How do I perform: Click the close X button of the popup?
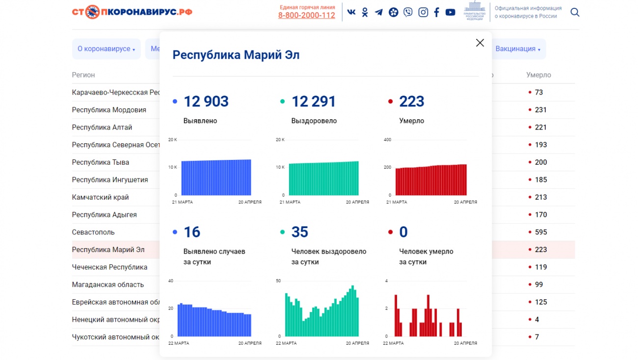point(480,43)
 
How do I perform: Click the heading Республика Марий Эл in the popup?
point(236,55)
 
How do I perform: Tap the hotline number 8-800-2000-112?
point(307,15)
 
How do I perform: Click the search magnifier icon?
point(575,12)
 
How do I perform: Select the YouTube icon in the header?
point(450,12)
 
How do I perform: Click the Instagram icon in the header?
point(423,12)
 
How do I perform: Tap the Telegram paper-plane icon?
point(379,12)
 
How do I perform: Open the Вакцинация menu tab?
point(518,49)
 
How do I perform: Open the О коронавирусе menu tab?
point(106,49)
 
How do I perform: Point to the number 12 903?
point(206,102)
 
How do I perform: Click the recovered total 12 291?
point(314,102)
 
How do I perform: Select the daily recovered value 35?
point(300,232)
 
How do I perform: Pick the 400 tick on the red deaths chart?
point(387,140)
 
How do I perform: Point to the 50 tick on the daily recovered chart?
point(278,281)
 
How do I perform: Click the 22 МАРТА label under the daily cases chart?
point(179,343)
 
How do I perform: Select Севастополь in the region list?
point(93,232)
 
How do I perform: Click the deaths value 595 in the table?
point(541,232)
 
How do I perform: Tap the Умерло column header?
point(538,75)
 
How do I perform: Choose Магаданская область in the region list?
point(108,284)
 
